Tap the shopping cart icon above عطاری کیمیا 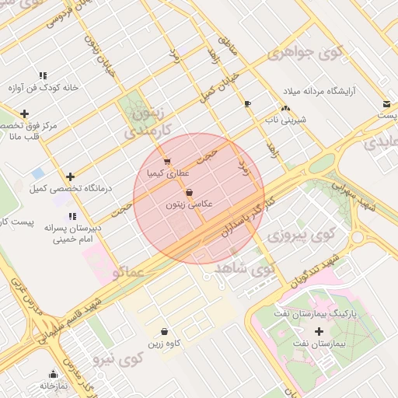pos(167,162)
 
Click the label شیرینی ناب pos(293,121)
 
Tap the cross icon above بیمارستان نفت pos(319,332)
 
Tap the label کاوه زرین pos(163,343)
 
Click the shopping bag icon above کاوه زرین pos(163,330)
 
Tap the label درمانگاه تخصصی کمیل pos(71,189)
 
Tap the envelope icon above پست pos(386,104)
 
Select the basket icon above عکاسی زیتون pos(189,193)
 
